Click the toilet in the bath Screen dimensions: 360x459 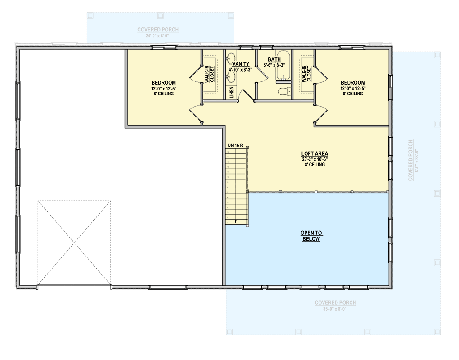pos(283,92)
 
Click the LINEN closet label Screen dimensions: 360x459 pos(231,92)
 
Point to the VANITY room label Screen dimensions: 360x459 pos(241,64)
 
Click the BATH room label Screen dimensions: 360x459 pos(274,59)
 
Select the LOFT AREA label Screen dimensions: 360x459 pos(315,154)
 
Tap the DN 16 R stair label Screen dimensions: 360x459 pos(235,145)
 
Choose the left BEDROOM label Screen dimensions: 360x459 pos(163,83)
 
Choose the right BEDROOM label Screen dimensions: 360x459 pos(352,83)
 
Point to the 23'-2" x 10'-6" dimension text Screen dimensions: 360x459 pos(315,159)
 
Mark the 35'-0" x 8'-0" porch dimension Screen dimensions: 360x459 pos(335,309)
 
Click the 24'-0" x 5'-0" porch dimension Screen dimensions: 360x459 pos(158,36)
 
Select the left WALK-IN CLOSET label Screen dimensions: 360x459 pos(210,74)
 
